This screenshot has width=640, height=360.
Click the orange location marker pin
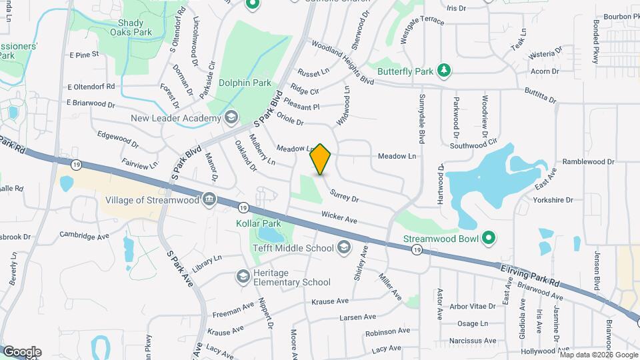tap(321, 159)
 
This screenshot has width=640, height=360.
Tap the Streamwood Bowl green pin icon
tap(489, 237)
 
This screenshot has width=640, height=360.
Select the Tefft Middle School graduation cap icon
tap(344, 248)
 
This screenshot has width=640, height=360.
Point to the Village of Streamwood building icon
tap(209, 199)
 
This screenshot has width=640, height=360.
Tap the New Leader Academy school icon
tap(231, 118)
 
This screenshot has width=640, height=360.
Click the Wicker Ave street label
tap(339, 217)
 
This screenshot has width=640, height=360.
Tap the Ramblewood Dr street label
tap(587, 161)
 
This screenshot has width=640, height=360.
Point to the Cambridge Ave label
tap(84, 235)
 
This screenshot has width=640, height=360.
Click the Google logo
tap(22, 351)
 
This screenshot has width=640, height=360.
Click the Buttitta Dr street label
tap(539, 95)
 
